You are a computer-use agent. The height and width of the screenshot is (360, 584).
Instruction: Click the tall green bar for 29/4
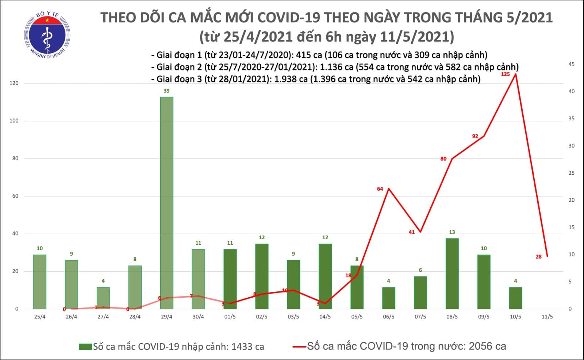pyautogui.click(x=166, y=203)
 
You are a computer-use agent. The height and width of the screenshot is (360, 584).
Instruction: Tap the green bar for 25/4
pyautogui.click(x=40, y=282)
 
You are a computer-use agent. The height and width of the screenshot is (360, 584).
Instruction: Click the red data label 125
pyautogui.click(x=505, y=74)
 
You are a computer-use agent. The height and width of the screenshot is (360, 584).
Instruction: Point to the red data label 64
pyautogui.click(x=380, y=189)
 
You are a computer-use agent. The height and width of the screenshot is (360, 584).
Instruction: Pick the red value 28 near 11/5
pyautogui.click(x=538, y=257)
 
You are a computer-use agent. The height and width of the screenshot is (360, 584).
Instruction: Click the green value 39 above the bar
pyautogui.click(x=166, y=91)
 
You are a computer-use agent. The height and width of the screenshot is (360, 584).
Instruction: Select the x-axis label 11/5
pyautogui.click(x=547, y=317)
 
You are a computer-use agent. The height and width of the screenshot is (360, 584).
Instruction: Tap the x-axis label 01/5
pyautogui.click(x=230, y=317)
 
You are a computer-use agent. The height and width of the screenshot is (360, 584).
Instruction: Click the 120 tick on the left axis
pyautogui.click(x=14, y=84)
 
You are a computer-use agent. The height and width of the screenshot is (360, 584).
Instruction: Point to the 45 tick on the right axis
pyautogui.click(x=572, y=64)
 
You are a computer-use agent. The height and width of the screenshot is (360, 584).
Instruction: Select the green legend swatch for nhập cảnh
pyautogui.click(x=85, y=347)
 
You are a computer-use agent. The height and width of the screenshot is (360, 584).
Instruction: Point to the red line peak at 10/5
pyautogui.click(x=515, y=74)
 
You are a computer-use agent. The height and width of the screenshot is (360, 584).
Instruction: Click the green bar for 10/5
pyautogui.click(x=515, y=298)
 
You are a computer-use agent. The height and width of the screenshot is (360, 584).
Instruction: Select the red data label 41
pyautogui.click(x=412, y=232)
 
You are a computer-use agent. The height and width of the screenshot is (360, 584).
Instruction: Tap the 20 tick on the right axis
pyautogui.click(x=572, y=200)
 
